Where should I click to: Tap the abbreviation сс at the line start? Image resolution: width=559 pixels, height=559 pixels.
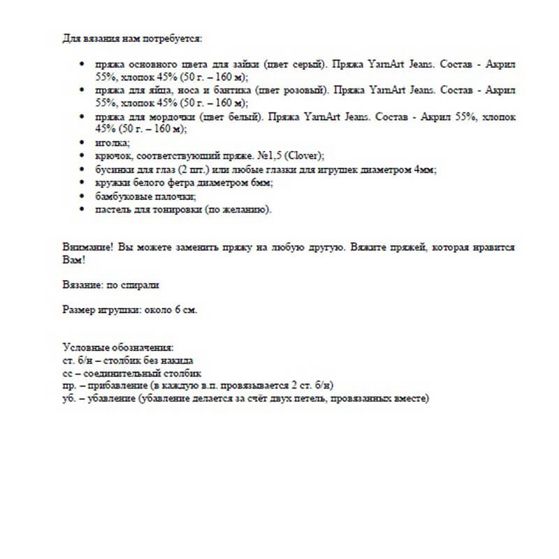(66, 374)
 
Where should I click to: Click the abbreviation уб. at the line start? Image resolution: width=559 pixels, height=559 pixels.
(68, 400)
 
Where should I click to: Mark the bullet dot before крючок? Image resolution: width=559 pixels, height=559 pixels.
(83, 157)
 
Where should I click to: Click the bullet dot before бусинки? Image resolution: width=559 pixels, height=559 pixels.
(83, 170)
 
